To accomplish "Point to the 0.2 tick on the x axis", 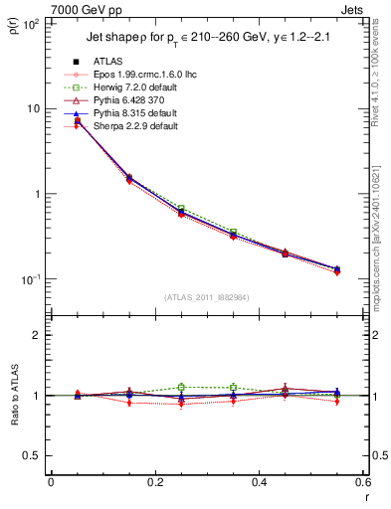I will pos(154,482).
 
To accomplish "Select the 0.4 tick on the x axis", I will pos(259,482).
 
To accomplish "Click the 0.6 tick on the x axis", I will pos(361,482).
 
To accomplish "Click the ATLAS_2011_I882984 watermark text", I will pos(204,296).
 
